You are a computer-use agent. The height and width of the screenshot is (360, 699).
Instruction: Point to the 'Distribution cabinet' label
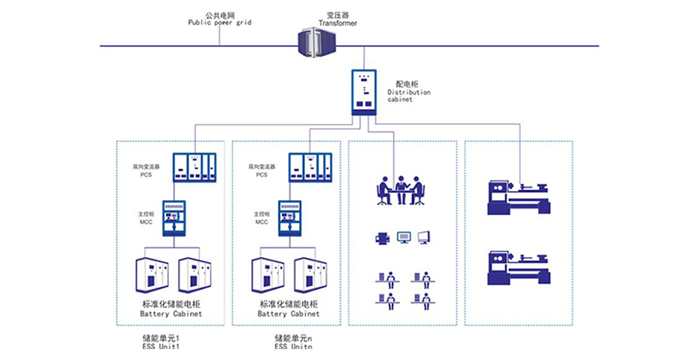pos(409,92)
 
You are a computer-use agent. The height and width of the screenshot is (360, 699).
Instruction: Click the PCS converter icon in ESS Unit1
pos(194,167)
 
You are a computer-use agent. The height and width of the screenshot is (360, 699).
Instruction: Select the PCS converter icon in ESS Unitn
pos(311,167)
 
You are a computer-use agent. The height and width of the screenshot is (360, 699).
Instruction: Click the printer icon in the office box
pos(383,239)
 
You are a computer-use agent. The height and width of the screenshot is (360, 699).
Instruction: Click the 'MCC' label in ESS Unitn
pos(261,222)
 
